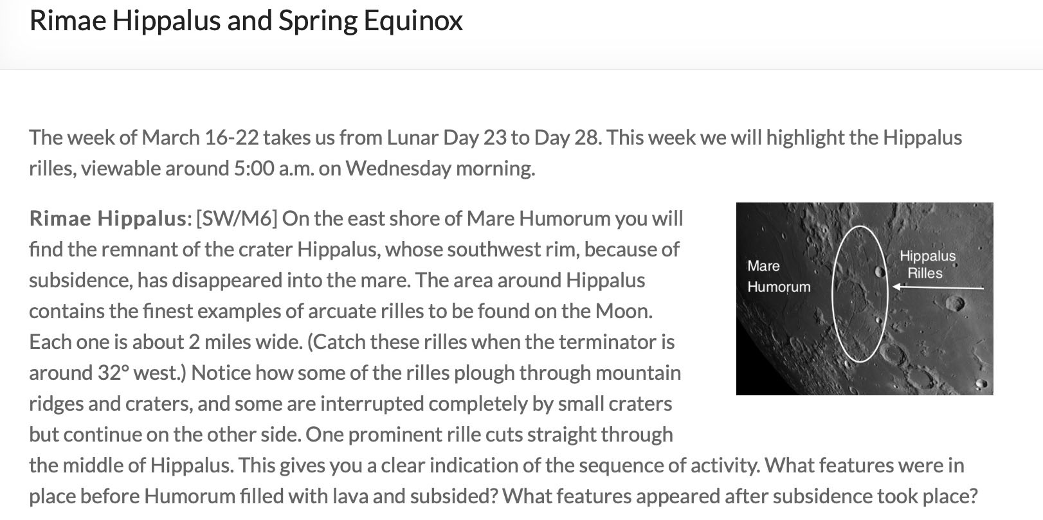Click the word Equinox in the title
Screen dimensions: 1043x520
[413, 21]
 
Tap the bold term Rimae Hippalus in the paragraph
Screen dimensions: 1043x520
[108, 219]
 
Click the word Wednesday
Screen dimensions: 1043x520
[398, 168]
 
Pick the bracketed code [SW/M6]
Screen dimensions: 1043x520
[237, 219]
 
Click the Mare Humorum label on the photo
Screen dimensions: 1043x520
[779, 276]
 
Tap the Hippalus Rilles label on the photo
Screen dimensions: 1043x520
[927, 264]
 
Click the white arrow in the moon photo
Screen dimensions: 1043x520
[938, 288]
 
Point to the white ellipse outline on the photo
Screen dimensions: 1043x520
[833, 294]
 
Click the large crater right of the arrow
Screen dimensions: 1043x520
[954, 303]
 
